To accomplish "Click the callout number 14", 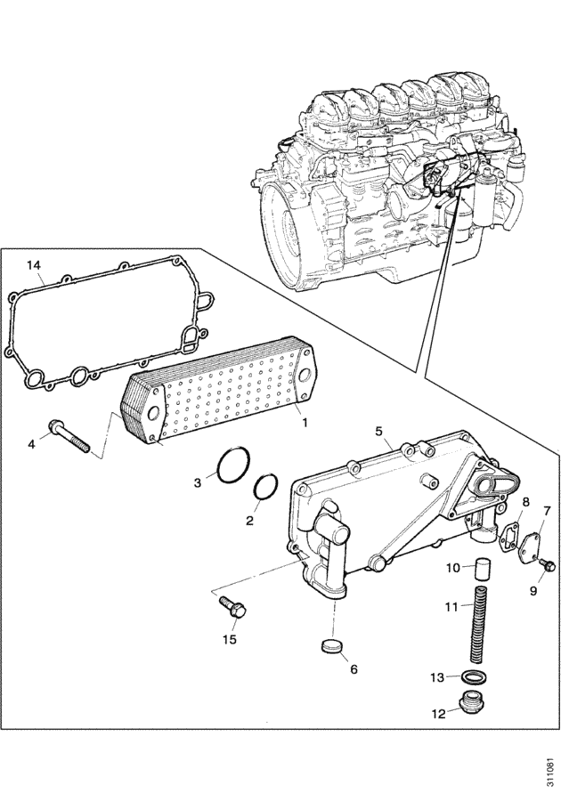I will click(x=34, y=265).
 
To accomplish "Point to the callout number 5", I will click(x=378, y=431).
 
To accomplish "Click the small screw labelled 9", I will click(x=547, y=565).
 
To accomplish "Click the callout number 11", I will click(x=452, y=606).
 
